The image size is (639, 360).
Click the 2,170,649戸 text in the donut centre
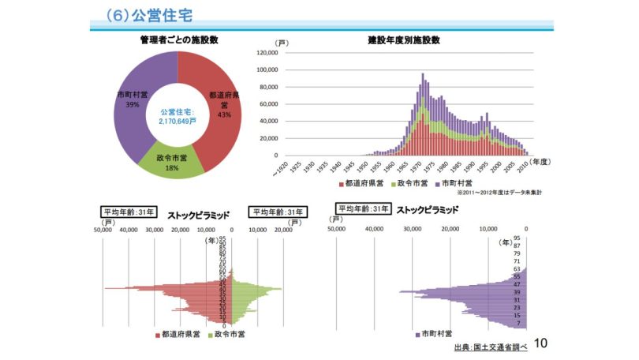click(177, 122)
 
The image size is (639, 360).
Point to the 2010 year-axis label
click(523, 167)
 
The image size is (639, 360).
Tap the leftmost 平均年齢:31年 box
click(128, 212)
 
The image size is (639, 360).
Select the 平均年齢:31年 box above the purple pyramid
click(363, 209)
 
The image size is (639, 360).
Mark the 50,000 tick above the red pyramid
click(104, 230)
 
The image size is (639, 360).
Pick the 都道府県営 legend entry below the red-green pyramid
click(178, 333)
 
